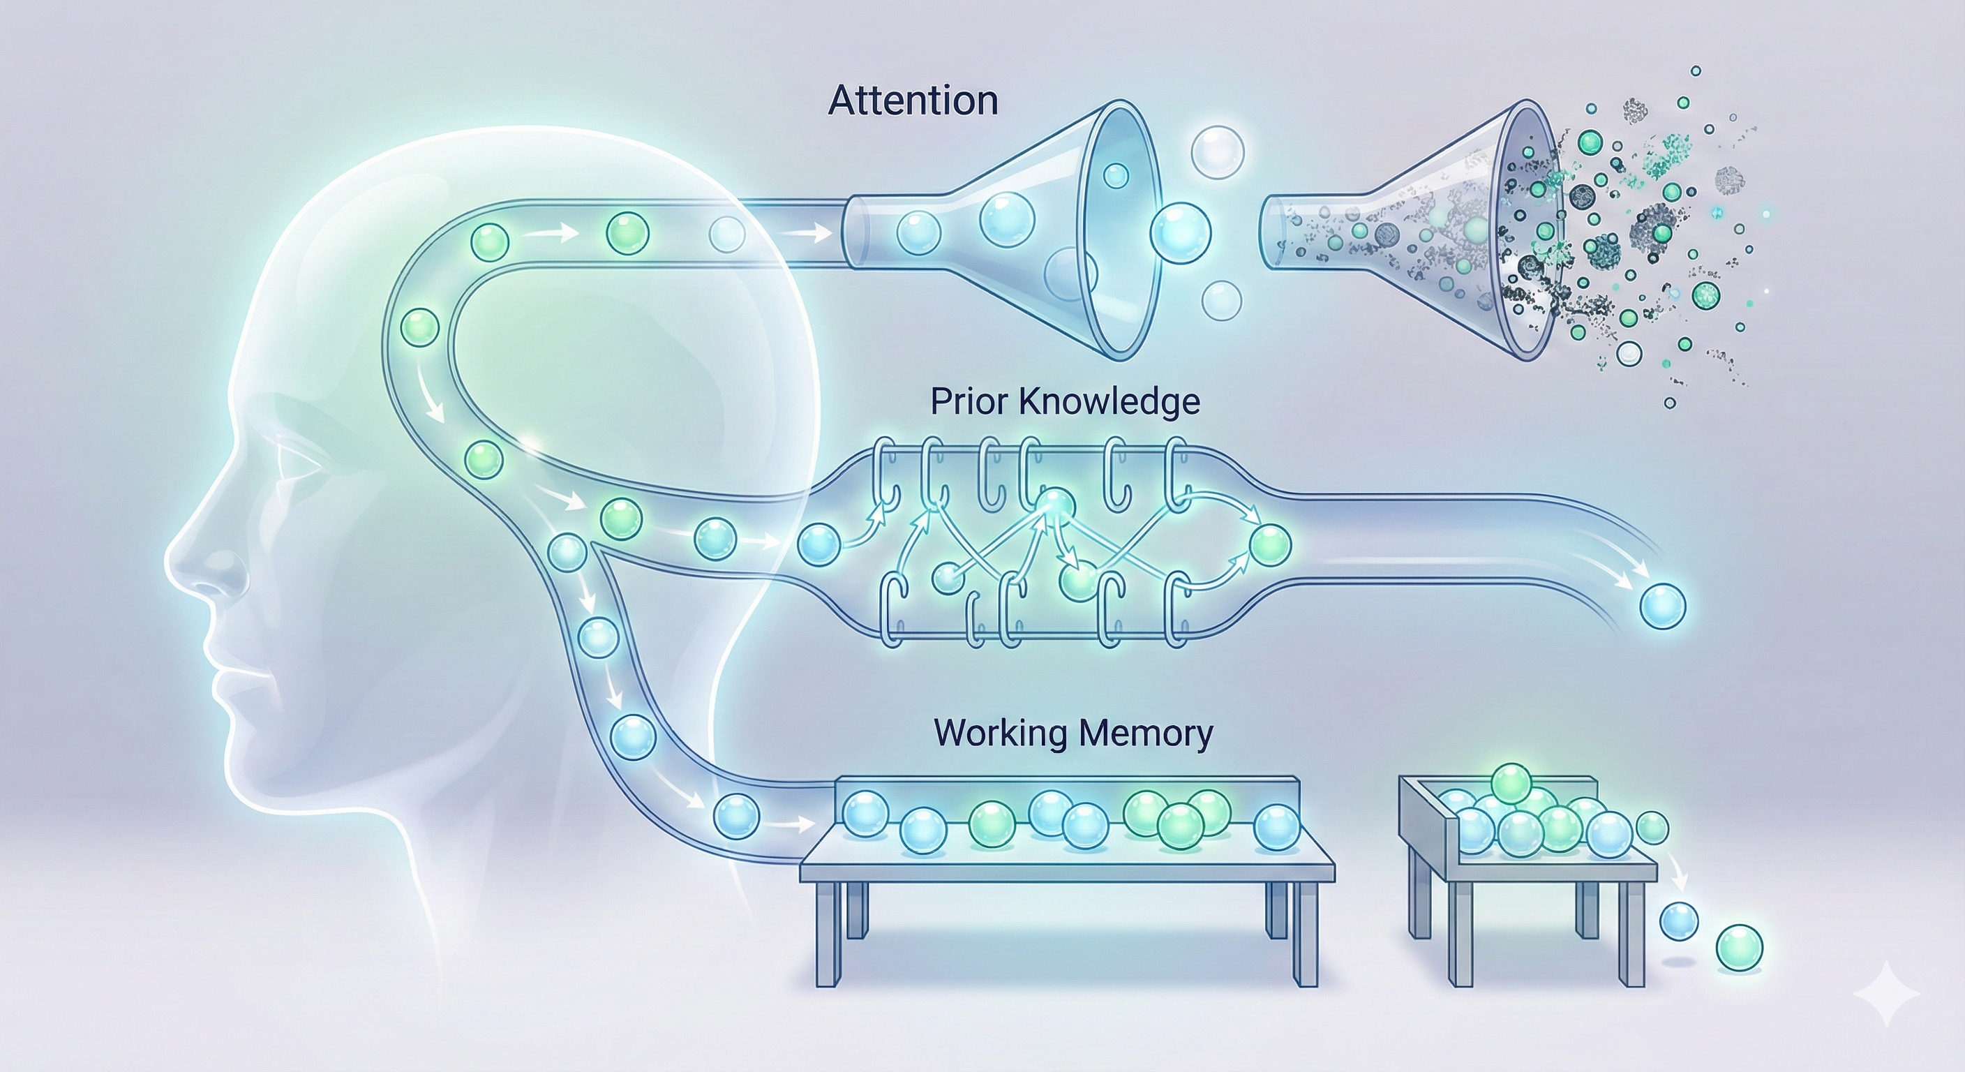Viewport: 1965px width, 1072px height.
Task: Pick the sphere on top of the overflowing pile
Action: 1510,783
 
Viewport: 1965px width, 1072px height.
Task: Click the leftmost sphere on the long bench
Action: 867,813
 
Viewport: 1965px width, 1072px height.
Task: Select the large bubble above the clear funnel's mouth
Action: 1218,152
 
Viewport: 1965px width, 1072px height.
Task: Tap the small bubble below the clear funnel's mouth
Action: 1221,300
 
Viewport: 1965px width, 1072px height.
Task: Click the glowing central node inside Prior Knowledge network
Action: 1055,504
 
